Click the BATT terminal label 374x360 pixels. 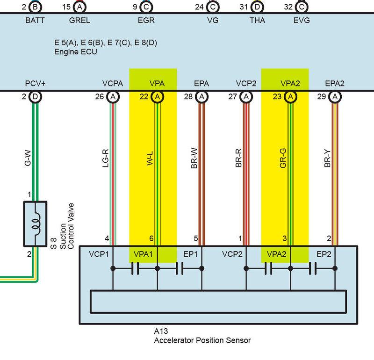(35, 20)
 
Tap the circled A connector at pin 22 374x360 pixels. (157, 97)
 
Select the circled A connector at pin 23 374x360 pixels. (290, 97)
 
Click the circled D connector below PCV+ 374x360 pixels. (35, 97)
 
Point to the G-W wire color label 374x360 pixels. (28, 158)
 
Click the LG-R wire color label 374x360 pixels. (106, 158)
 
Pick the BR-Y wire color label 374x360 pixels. (328, 158)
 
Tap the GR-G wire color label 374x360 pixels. (283, 158)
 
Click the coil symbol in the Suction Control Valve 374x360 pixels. (36, 224)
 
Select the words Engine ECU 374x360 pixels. (76, 52)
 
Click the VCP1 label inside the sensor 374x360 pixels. (99, 254)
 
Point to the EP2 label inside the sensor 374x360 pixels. (324, 254)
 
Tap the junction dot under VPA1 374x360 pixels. (157, 268)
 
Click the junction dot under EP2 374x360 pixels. (335, 268)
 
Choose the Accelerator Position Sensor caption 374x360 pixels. (202, 340)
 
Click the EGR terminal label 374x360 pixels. (146, 20)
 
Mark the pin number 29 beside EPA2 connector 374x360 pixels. (322, 96)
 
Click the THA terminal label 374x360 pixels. (258, 20)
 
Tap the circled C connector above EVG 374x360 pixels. (302, 7)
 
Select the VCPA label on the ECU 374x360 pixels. (113, 84)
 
